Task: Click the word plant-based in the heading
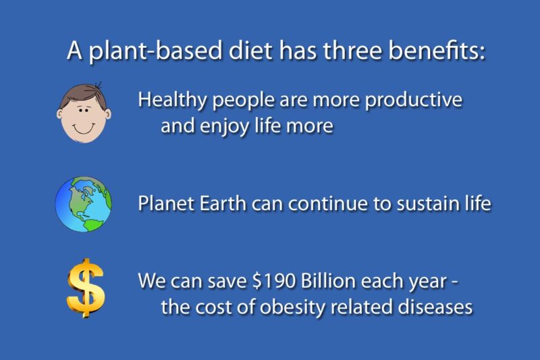point(155,51)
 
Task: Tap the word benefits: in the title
point(437,50)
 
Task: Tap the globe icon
point(83,204)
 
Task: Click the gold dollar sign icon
point(86,288)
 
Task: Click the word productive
point(413,100)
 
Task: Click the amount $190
point(274,281)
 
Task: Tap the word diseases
point(435,307)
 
